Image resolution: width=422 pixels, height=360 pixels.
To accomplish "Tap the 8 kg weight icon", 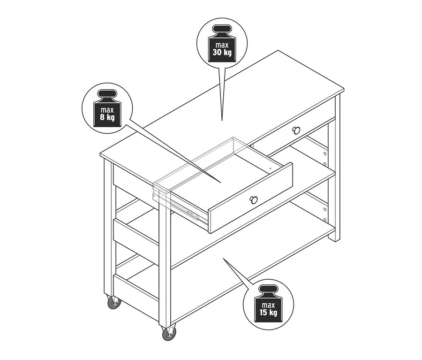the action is (107, 108).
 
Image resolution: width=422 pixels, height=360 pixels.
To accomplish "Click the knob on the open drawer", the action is (254, 199).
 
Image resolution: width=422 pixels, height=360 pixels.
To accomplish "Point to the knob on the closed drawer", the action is (295, 130).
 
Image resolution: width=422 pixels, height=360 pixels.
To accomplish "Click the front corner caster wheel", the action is (169, 333).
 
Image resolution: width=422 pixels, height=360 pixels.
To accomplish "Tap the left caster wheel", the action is (113, 302).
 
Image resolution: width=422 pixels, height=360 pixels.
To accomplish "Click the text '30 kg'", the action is (222, 52).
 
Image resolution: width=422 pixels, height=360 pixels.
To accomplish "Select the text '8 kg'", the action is (107, 117).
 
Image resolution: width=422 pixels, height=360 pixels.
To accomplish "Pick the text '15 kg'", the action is (268, 313).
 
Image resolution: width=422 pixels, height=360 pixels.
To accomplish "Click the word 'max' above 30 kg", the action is (222, 45).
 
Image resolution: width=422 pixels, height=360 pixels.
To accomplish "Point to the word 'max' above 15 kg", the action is (268, 305).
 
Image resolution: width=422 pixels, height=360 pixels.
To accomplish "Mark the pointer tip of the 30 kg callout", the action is (222, 121).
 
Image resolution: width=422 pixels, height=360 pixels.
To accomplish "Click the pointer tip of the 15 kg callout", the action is (223, 258).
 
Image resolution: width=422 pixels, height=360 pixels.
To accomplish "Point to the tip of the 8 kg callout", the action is (221, 183).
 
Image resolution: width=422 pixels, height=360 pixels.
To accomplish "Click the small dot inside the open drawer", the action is (270, 168).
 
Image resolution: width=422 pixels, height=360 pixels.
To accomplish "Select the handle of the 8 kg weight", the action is (107, 95).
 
